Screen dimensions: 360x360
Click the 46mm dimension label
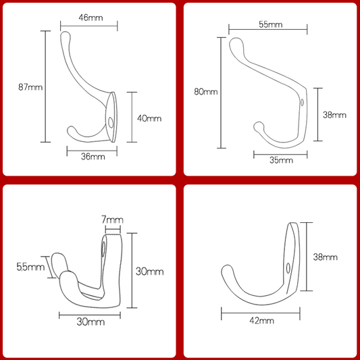(91, 18)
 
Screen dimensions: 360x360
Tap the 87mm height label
(30, 87)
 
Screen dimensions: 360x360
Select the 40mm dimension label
(149, 118)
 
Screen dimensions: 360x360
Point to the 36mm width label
(93, 157)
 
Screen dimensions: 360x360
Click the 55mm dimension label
(271, 24)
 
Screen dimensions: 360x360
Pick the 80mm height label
(206, 92)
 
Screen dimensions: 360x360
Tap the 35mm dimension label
(281, 160)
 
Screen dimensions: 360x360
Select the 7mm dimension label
(112, 220)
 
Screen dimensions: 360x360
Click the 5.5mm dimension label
(30, 267)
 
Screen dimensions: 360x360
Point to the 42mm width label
(262, 321)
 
